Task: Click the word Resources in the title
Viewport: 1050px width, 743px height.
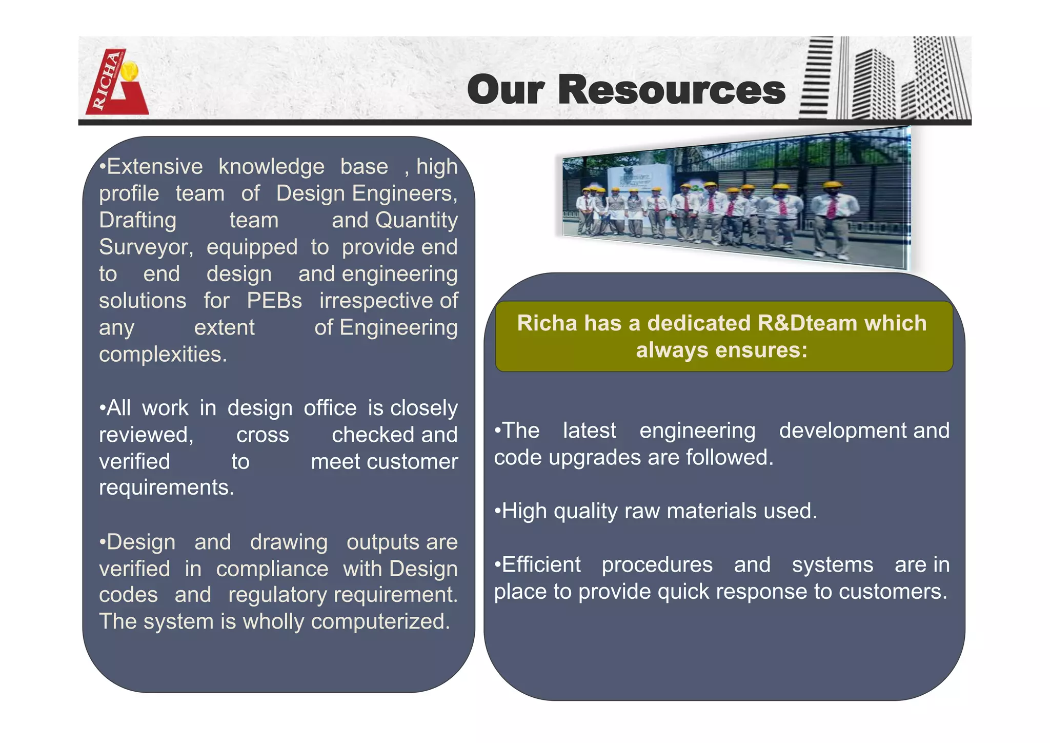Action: point(671,90)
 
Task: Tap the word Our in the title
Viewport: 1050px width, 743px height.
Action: point(506,90)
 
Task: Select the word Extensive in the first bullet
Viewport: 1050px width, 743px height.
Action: point(155,167)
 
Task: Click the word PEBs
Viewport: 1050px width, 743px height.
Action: point(274,301)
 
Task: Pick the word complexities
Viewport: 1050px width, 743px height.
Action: point(163,355)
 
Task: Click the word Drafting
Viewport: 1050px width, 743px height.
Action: point(137,220)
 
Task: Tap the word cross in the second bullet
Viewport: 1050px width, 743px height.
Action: point(262,435)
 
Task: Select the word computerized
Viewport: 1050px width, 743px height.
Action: point(380,622)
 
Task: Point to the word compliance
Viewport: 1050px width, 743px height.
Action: point(272,569)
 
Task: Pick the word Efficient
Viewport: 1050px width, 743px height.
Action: point(541,565)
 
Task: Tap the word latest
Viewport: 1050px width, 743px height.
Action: point(589,431)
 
